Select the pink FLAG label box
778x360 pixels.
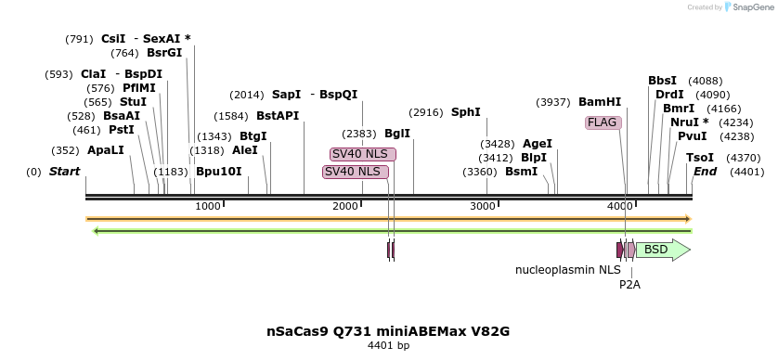[602, 122]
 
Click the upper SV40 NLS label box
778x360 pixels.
[362, 154]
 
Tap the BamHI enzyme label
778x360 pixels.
[600, 102]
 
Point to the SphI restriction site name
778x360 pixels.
[465, 112]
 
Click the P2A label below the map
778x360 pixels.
[629, 285]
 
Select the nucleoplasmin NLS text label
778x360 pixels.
[567, 270]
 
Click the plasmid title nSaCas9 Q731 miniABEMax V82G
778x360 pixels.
[388, 330]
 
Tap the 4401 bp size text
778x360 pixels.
[388, 346]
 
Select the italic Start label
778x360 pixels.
[64, 172]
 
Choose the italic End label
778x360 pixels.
[705, 172]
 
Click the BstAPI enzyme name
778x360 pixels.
[278, 116]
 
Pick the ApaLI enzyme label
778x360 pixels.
[105, 149]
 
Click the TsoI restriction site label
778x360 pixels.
[700, 158]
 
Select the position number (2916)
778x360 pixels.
[426, 112]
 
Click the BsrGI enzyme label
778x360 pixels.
[164, 53]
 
